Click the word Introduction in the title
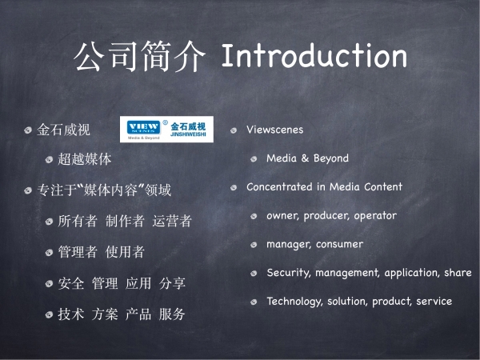[314, 55]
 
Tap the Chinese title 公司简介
[139, 56]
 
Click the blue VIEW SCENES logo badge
[143, 127]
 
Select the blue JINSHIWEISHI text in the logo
[188, 134]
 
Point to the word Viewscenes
[275, 130]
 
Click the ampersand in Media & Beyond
[305, 158]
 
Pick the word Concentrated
[279, 186]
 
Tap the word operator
[375, 216]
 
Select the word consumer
[339, 244]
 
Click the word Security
[288, 273]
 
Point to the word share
[458, 273]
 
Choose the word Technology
[294, 302]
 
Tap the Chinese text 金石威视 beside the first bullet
[64, 130]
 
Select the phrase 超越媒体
[85, 159]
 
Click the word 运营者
[172, 221]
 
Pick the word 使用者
[125, 252]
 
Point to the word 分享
[172, 283]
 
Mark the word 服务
[172, 314]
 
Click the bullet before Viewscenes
[234, 130]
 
